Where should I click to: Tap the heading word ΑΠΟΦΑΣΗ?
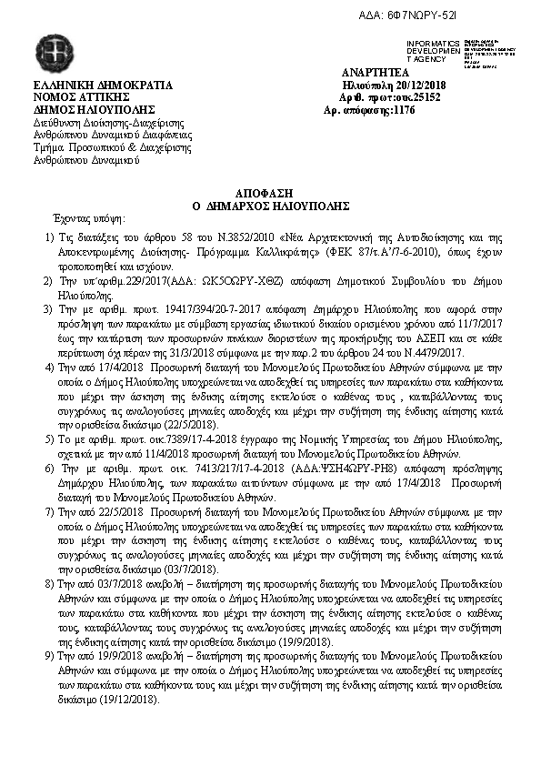269,195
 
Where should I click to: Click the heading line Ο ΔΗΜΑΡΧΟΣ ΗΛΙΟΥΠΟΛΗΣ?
269,207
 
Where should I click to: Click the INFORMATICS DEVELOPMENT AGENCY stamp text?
433,50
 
